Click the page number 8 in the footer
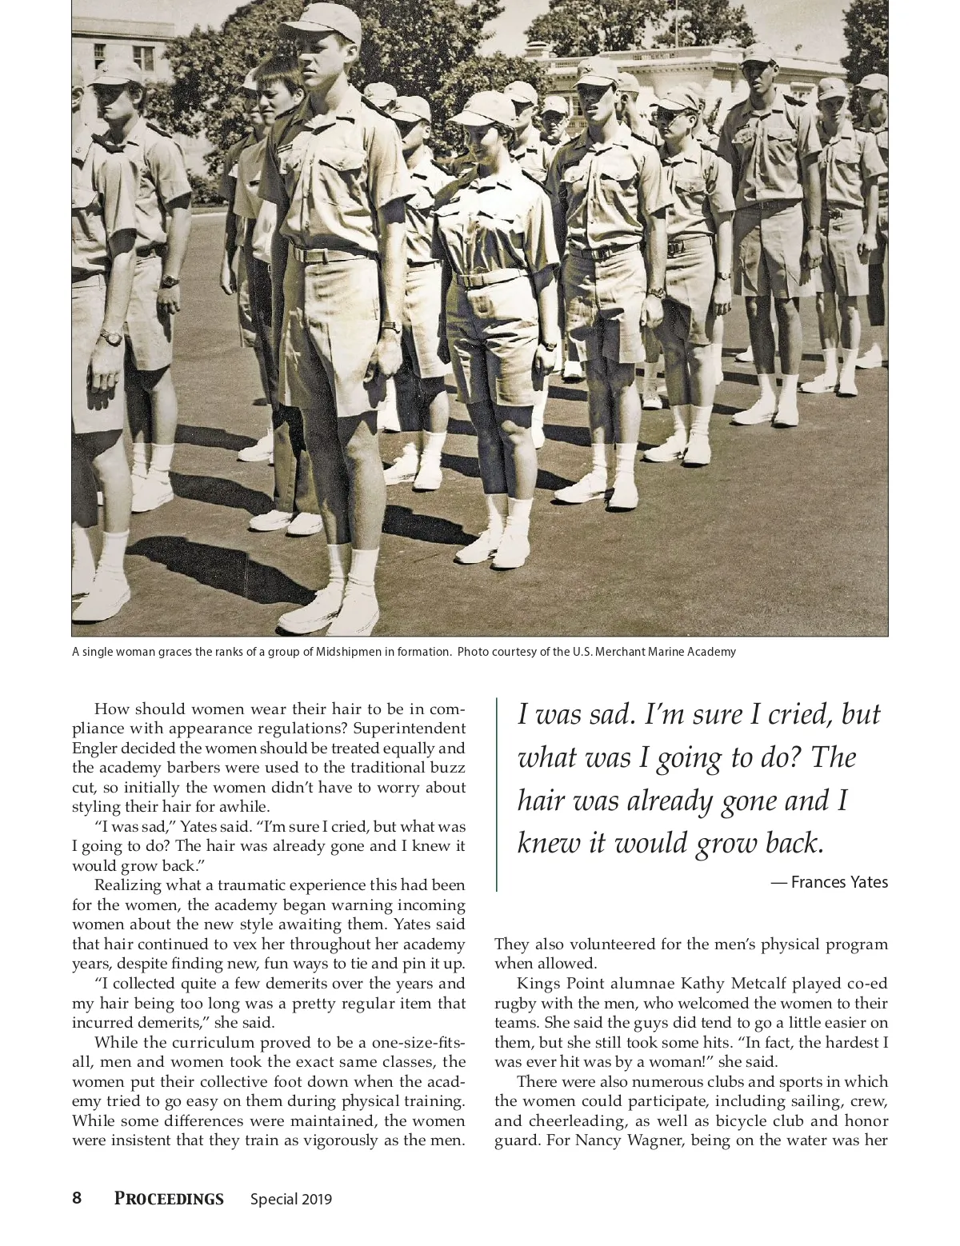point(77,1198)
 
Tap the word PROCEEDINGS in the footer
point(169,1198)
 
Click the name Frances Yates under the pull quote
point(839,882)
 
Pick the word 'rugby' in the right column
point(515,1003)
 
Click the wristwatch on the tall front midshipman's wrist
point(391,326)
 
